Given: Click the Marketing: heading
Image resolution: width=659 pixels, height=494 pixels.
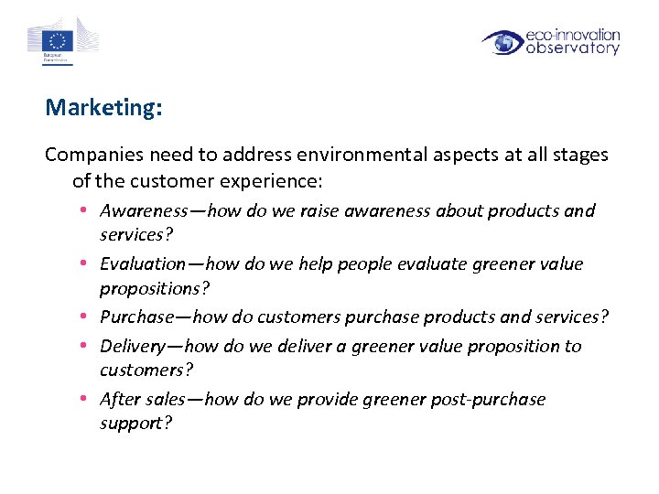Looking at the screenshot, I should (x=103, y=108).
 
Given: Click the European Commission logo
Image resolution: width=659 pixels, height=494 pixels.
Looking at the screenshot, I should (x=62, y=42).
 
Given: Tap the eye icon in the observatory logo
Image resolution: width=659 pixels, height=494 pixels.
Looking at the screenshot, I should (x=502, y=42).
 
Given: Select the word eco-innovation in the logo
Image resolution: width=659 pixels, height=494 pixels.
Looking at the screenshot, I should (x=573, y=35).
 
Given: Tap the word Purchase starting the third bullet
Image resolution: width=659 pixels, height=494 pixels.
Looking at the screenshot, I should (x=136, y=317).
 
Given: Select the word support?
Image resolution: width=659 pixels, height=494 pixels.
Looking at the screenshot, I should (x=136, y=424).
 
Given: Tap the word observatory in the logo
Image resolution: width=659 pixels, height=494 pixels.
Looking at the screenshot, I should (x=573, y=48).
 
